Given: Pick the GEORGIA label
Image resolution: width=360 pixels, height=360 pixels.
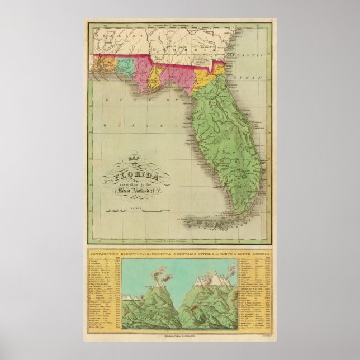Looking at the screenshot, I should [184, 49].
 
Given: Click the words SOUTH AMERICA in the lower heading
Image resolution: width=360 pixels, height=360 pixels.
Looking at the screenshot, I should [254, 253].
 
